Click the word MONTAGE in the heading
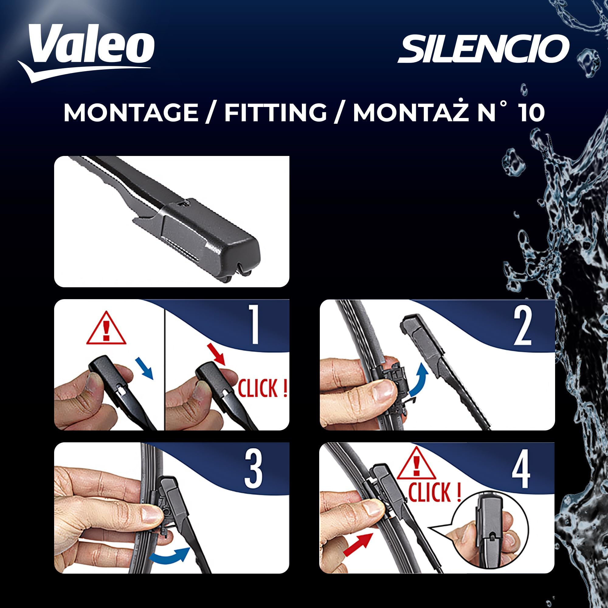[x=131, y=113]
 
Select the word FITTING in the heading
[x=276, y=113]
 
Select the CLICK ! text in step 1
[x=262, y=388]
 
